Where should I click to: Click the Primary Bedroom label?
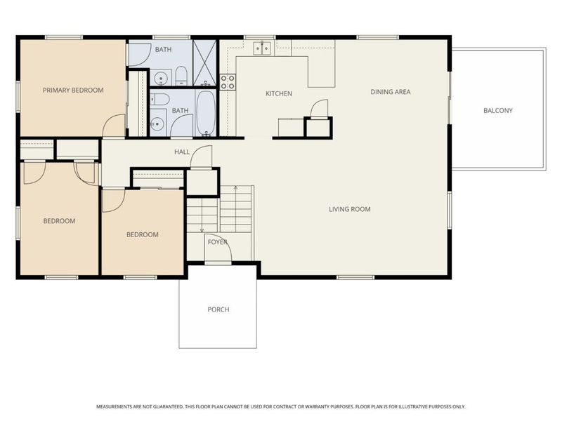(73, 91)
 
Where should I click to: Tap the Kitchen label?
(279, 93)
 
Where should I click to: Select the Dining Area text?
(391, 92)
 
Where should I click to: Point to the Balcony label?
(498, 111)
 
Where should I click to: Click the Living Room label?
(350, 209)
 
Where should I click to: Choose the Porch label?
(218, 309)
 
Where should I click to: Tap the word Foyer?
(218, 242)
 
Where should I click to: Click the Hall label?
(182, 152)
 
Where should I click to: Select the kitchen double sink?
(262, 48)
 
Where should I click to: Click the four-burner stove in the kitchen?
(228, 82)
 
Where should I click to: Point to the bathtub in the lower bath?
(206, 113)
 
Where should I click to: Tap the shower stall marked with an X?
(204, 62)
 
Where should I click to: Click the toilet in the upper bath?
(181, 76)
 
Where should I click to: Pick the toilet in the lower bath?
(159, 99)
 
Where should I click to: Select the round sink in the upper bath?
(160, 78)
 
